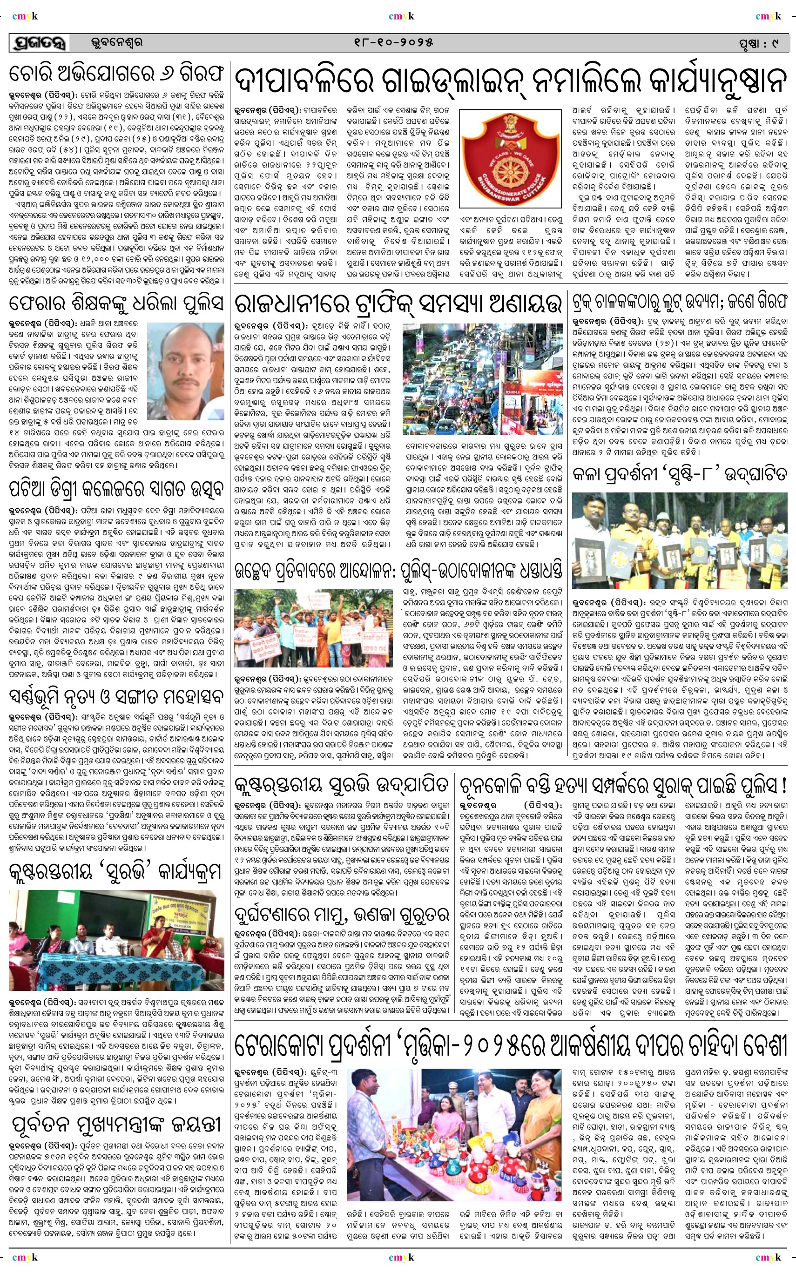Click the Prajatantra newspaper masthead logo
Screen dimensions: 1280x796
pos(39,43)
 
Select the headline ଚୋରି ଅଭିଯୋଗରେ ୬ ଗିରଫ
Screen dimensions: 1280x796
pos(116,75)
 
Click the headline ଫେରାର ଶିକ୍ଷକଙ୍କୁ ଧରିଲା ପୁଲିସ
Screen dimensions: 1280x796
pos(116,303)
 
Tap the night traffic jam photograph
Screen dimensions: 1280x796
pos(482,379)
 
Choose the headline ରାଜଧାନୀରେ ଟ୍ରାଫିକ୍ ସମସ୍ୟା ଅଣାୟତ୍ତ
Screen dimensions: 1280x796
pos(398,303)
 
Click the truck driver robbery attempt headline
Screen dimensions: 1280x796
pos(679,302)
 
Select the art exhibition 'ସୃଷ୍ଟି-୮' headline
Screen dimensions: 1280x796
pos(679,475)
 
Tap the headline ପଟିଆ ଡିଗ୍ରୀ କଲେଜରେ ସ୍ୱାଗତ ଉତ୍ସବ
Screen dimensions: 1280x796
pos(116,488)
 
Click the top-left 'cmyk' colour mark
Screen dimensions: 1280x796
pos(25,16)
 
